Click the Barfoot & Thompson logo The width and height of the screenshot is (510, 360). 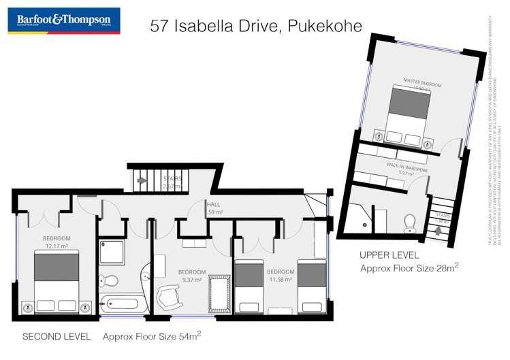pyautogui.click(x=63, y=20)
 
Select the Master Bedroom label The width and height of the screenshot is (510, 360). pyautogui.click(x=422, y=82)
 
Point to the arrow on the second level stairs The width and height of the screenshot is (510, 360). pyautogui.click(x=142, y=180)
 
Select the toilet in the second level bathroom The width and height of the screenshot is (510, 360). pyautogui.click(x=108, y=280)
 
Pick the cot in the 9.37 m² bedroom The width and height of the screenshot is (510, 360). pyautogui.click(x=219, y=295)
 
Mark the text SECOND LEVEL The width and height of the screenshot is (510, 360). pyautogui.click(x=54, y=337)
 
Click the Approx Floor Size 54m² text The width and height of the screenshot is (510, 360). pyautogui.click(x=151, y=336)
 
